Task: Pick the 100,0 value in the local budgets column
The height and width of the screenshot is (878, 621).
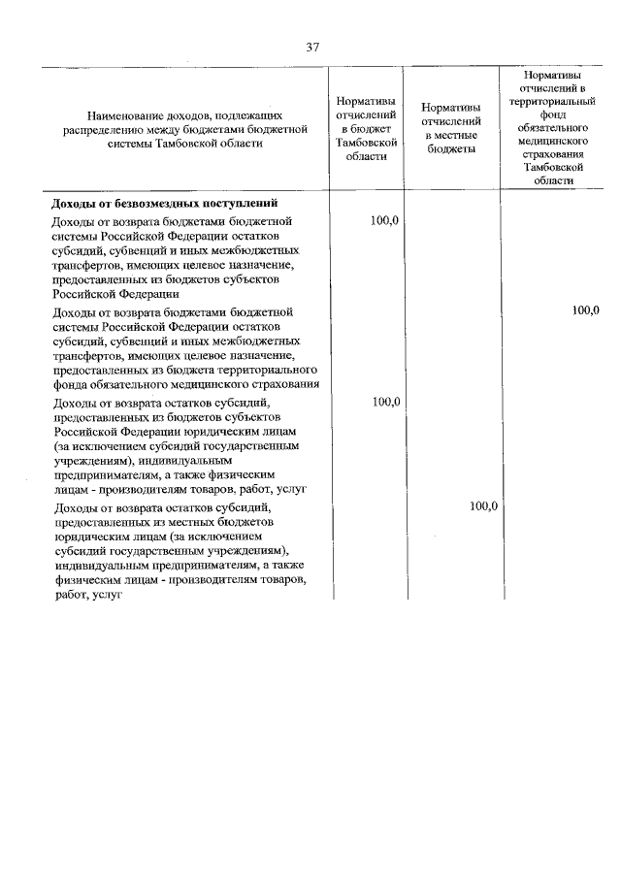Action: [482, 506]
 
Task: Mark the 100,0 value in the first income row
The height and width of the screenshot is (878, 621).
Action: [385, 221]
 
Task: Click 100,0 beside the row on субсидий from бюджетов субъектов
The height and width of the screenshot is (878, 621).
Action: [385, 401]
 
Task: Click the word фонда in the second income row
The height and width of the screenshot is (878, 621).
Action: [71, 385]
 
